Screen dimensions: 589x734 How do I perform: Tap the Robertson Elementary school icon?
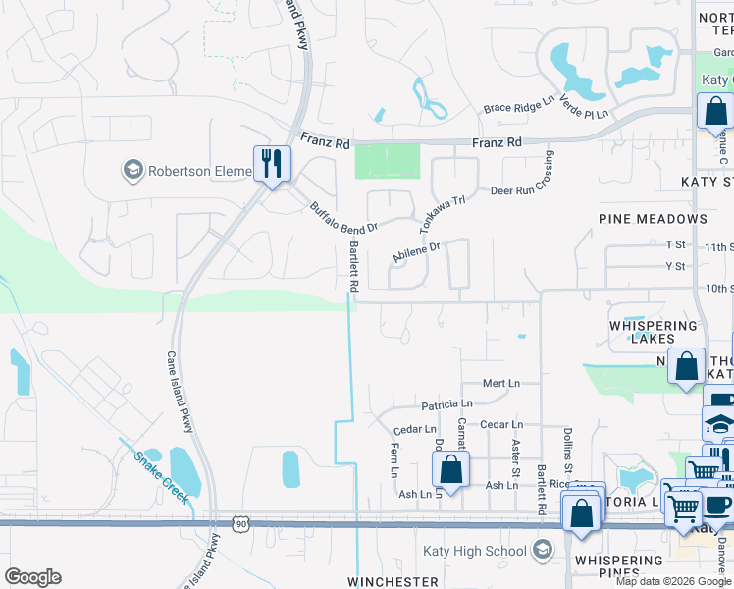pos(131,171)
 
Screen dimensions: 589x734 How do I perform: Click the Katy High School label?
pos(475,551)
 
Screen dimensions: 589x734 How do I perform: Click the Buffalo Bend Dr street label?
pos(343,220)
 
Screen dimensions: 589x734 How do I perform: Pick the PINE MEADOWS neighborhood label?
pos(653,218)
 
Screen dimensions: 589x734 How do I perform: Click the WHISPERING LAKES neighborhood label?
pos(653,332)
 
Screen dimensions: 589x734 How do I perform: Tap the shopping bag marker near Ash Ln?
pos(450,468)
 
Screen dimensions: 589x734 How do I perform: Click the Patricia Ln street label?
pos(446,403)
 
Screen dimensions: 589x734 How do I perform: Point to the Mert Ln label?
pos(500,383)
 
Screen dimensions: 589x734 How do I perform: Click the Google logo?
pos(33,577)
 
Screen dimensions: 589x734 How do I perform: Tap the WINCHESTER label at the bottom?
pos(393,582)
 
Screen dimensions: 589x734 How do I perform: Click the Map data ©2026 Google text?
pos(673,581)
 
